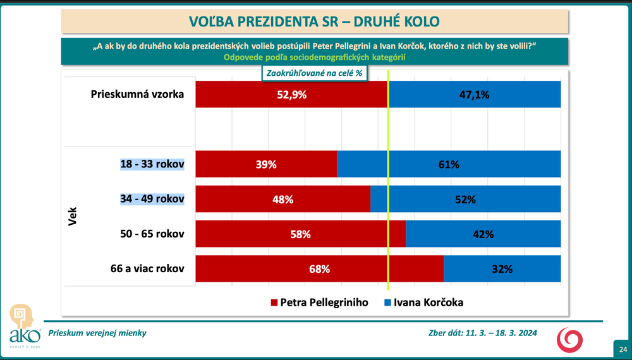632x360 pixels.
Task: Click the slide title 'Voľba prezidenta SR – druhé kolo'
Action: [315, 21]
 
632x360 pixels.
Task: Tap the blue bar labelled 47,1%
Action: [475, 95]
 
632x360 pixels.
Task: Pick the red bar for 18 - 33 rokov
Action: [266, 164]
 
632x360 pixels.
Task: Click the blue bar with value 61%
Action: [449, 164]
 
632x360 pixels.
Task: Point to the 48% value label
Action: [283, 200]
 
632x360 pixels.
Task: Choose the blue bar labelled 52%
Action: [465, 200]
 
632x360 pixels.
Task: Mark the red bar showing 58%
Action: [300, 234]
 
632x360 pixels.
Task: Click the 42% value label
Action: [483, 234]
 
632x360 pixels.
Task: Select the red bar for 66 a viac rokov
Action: [320, 269]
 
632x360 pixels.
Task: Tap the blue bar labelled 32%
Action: [502, 269]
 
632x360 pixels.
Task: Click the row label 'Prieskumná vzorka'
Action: [137, 95]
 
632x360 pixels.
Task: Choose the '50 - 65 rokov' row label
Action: [152, 234]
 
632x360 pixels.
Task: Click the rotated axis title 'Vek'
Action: [72, 217]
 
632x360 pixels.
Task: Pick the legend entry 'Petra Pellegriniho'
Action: [319, 303]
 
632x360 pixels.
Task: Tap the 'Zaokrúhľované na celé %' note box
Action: [314, 73]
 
